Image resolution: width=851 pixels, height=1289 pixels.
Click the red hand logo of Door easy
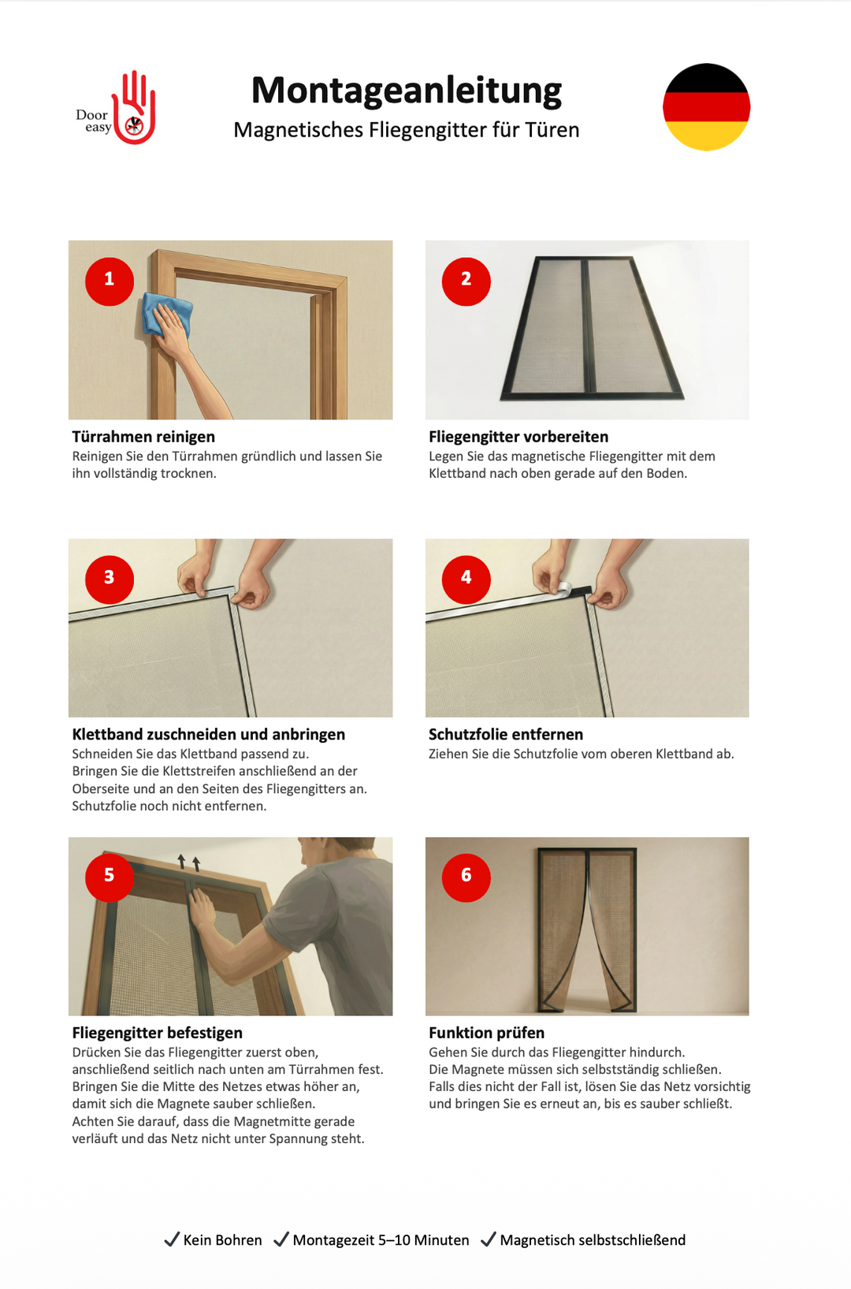pos(135,109)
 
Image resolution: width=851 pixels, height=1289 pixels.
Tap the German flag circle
pos(706,107)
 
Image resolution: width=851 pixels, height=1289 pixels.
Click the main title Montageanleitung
pos(407,90)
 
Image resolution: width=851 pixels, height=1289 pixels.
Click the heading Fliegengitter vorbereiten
pos(518,437)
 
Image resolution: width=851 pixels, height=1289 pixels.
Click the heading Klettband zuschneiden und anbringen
pos(208,735)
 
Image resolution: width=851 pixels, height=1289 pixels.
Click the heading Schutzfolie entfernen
pos(505,735)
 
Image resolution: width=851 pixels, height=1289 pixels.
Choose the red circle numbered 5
pos(110,877)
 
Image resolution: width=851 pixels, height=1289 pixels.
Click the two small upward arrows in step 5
pos(189,862)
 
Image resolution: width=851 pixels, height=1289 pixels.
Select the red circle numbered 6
pos(466,877)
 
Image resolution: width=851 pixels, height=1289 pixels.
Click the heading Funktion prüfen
pos(486,1033)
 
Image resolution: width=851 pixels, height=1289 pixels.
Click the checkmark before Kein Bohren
pos(171,1239)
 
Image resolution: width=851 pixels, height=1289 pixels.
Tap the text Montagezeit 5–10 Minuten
pos(381,1240)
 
